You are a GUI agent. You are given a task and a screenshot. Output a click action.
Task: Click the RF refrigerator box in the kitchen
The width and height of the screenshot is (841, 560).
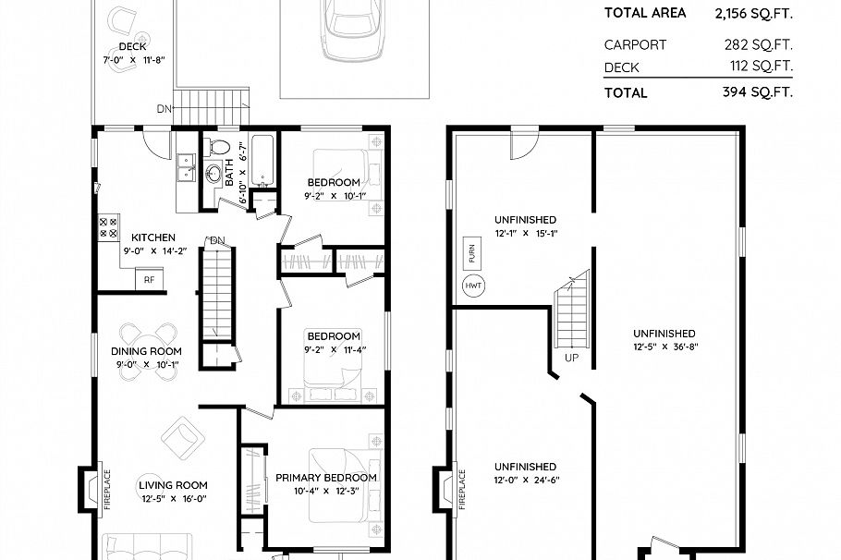[x=148, y=278]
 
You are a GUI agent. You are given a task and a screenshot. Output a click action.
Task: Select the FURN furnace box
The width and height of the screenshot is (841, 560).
[x=471, y=251]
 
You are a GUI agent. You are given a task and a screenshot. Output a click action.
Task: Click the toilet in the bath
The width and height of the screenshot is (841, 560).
[x=219, y=147]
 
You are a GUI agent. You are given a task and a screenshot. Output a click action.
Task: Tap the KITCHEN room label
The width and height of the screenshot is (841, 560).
[x=153, y=237]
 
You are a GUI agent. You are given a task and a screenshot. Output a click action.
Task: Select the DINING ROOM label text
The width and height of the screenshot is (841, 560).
[x=146, y=351]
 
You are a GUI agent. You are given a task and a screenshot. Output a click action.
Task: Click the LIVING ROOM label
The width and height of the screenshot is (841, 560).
[x=173, y=485]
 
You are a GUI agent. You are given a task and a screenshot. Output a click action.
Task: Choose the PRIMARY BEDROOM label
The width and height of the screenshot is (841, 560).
[x=326, y=478]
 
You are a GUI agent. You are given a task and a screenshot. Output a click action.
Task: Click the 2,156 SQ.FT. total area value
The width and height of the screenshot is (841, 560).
[x=753, y=13]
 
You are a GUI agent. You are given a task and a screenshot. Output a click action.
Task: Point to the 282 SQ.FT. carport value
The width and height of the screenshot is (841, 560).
[x=759, y=44]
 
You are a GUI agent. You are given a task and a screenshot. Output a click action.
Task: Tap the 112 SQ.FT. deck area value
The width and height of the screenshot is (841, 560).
[x=761, y=67]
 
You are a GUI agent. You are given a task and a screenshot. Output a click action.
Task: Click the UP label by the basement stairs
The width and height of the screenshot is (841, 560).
[x=573, y=357]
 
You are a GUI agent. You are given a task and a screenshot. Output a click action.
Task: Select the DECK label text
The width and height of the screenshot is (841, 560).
[x=133, y=46]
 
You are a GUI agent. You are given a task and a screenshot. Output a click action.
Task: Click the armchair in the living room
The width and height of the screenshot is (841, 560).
[x=181, y=434]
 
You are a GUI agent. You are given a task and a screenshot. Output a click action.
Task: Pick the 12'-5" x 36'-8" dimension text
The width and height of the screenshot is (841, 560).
[x=664, y=347]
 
